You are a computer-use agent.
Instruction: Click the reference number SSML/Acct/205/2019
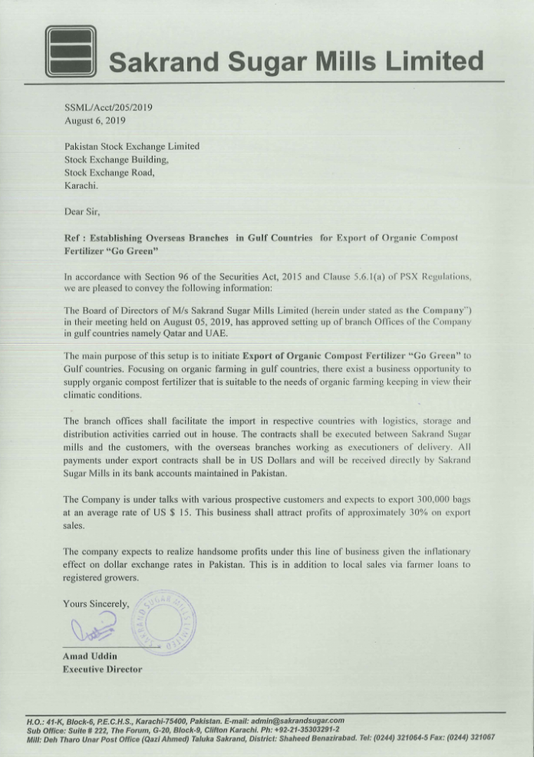click(x=108, y=107)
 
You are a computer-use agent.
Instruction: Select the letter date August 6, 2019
click(x=95, y=121)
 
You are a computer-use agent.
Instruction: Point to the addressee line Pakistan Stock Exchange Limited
click(x=132, y=146)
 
